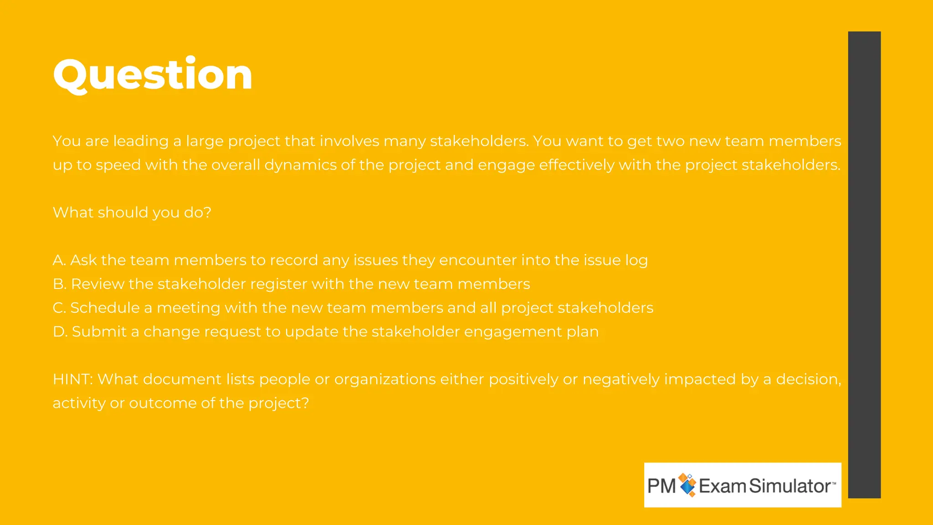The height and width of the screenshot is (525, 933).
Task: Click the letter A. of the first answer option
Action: [x=59, y=260]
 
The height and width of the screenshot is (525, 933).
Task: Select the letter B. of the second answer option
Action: [x=60, y=284]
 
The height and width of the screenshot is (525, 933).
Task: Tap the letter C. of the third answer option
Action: [x=59, y=308]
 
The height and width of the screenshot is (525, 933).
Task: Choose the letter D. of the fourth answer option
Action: [x=60, y=332]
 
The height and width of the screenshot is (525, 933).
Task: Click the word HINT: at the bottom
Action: [x=73, y=379]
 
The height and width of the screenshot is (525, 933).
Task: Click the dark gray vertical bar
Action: [x=864, y=264]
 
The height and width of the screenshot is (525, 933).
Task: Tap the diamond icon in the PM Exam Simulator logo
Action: [x=687, y=485]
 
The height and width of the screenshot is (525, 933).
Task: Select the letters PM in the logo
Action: [x=661, y=486]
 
